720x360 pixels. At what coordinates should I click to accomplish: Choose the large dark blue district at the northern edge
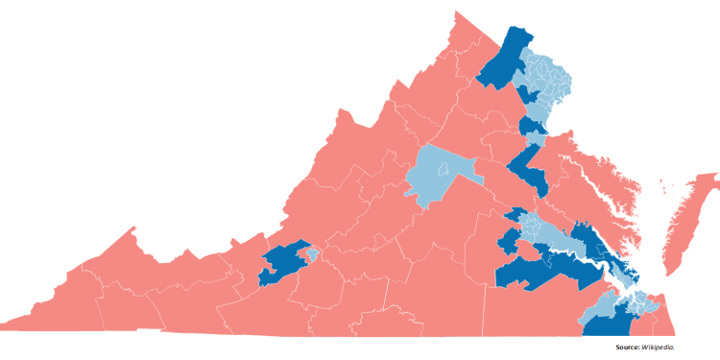tap(505, 58)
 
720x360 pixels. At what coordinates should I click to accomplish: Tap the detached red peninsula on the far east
tap(686, 216)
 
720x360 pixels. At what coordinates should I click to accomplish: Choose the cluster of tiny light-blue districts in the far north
tap(547, 77)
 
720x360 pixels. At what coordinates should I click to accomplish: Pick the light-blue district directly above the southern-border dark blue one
tap(605, 303)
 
